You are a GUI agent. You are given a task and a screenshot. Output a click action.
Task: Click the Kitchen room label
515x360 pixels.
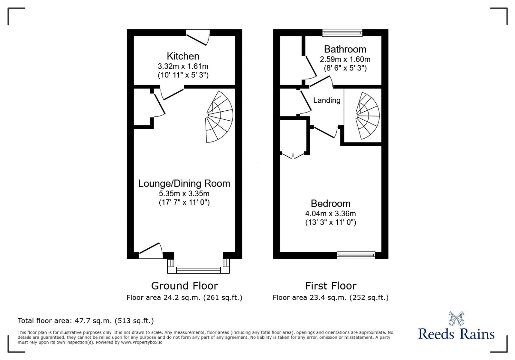pos(183,56)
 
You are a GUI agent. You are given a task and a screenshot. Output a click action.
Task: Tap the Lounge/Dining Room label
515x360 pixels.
pos(184,183)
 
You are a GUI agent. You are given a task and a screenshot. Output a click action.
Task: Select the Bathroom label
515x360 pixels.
pos(345,49)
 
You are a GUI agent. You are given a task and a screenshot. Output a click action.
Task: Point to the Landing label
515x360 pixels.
pos(327,100)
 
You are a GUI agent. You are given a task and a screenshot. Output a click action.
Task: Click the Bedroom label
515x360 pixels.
pos(331,203)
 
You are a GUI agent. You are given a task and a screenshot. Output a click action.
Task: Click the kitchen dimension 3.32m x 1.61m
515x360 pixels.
pos(183,66)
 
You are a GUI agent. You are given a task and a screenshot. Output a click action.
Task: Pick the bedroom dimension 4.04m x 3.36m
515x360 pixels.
pos(331,213)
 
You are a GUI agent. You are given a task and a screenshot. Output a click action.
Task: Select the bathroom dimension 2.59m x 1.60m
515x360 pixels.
pos(345,59)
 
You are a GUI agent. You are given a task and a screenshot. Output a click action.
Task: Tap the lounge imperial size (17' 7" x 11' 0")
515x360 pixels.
pos(184,202)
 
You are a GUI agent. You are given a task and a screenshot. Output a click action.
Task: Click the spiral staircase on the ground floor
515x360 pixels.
pos(220,117)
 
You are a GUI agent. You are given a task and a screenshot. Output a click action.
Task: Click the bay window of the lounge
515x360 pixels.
pos(199,270)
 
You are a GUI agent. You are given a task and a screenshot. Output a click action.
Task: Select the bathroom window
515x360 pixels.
pos(342,32)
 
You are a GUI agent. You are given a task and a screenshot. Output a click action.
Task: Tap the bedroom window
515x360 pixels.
pos(356,255)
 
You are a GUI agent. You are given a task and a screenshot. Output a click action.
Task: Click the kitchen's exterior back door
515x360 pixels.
pos(198,37)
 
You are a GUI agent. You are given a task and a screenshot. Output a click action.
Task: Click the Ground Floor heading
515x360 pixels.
pos(184,286)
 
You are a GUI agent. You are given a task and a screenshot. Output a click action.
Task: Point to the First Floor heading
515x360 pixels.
pos(331,286)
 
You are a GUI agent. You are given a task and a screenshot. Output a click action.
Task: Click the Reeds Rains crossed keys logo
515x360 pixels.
pos(456,318)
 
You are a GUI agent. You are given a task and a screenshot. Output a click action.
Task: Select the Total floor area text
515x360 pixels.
pos(86,321)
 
